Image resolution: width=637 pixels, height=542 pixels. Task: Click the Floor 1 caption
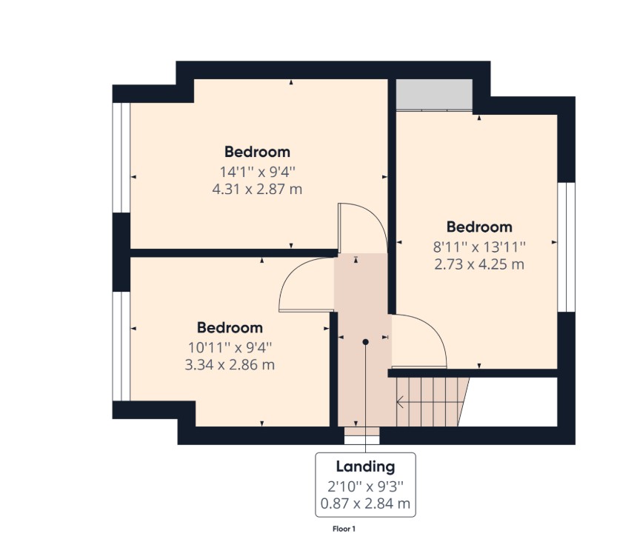click(x=344, y=529)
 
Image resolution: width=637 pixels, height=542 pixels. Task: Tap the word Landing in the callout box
click(x=365, y=467)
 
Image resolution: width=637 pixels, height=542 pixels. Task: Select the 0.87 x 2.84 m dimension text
click(x=365, y=503)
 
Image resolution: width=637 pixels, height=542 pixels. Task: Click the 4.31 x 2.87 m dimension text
click(x=257, y=190)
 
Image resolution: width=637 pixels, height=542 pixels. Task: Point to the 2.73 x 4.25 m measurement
click(x=479, y=264)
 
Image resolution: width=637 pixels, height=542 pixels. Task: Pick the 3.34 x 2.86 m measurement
click(x=230, y=364)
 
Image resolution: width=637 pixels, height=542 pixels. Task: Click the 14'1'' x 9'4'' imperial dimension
click(x=257, y=172)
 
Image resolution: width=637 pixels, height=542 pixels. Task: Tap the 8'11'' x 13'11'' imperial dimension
click(x=479, y=247)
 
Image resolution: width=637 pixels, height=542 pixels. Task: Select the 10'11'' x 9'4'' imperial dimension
click(x=230, y=347)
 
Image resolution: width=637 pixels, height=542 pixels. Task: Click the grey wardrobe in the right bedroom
click(x=434, y=95)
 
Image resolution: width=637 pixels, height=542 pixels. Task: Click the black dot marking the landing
click(x=365, y=342)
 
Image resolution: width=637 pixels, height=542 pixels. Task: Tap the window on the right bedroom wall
click(x=566, y=247)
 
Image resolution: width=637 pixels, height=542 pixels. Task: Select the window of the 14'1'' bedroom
click(x=121, y=158)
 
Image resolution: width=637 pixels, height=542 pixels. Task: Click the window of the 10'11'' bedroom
click(x=121, y=347)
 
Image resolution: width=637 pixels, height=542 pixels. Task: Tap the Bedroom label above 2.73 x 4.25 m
click(x=479, y=227)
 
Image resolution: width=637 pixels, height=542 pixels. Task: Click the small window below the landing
click(x=361, y=435)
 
